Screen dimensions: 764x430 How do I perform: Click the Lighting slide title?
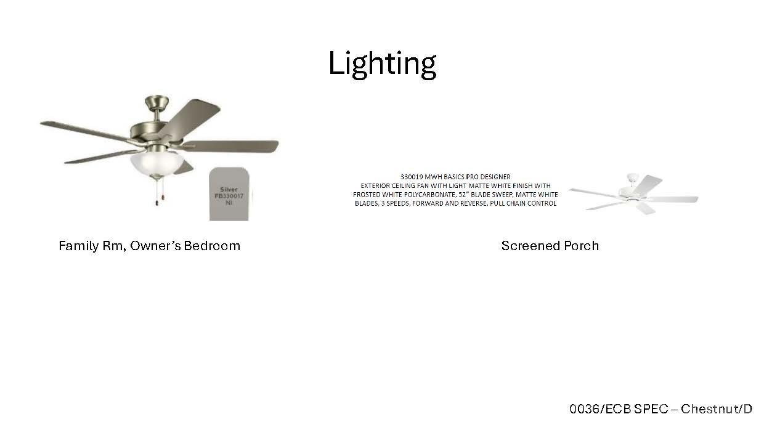click(382, 63)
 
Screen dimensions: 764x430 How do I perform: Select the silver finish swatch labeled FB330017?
click(229, 193)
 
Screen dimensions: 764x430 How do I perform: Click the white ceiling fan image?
click(633, 193)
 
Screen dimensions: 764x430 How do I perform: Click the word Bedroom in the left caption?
click(212, 246)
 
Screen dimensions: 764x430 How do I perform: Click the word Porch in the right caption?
click(582, 246)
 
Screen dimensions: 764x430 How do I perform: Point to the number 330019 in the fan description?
click(412, 177)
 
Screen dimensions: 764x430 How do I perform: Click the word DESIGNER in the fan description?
click(494, 177)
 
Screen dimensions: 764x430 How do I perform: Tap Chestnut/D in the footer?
click(716, 408)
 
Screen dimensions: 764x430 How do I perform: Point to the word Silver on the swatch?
click(229, 189)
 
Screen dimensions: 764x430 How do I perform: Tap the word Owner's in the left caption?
click(155, 246)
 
